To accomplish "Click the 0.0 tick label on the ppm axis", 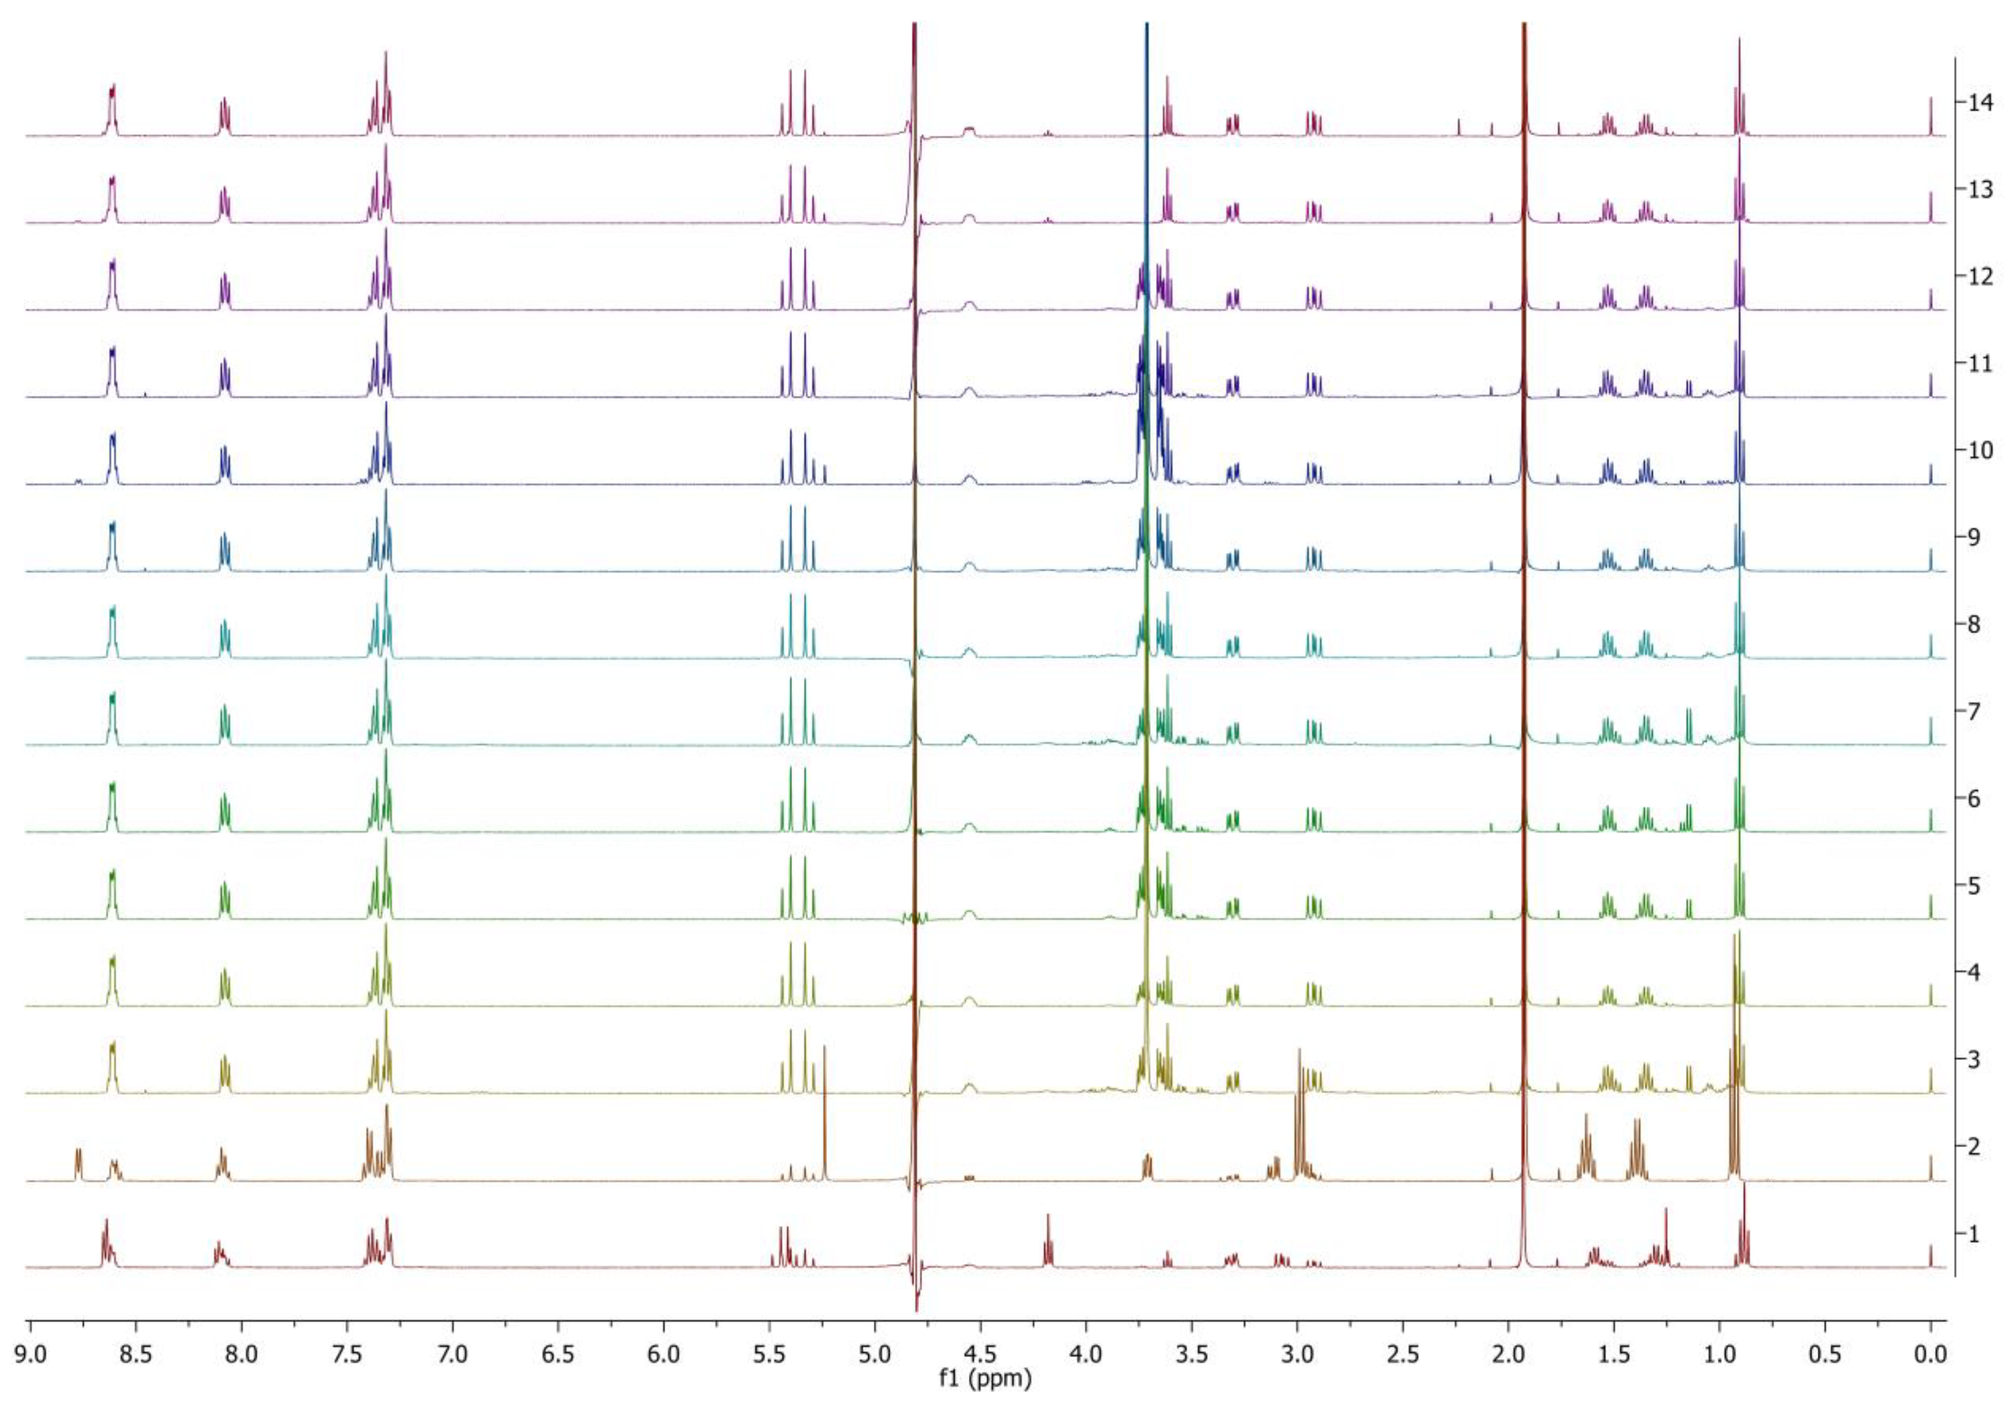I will [x=1931, y=1356].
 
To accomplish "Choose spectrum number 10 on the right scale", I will [x=1973, y=450].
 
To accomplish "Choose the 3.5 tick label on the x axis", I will [x=1191, y=1356].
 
